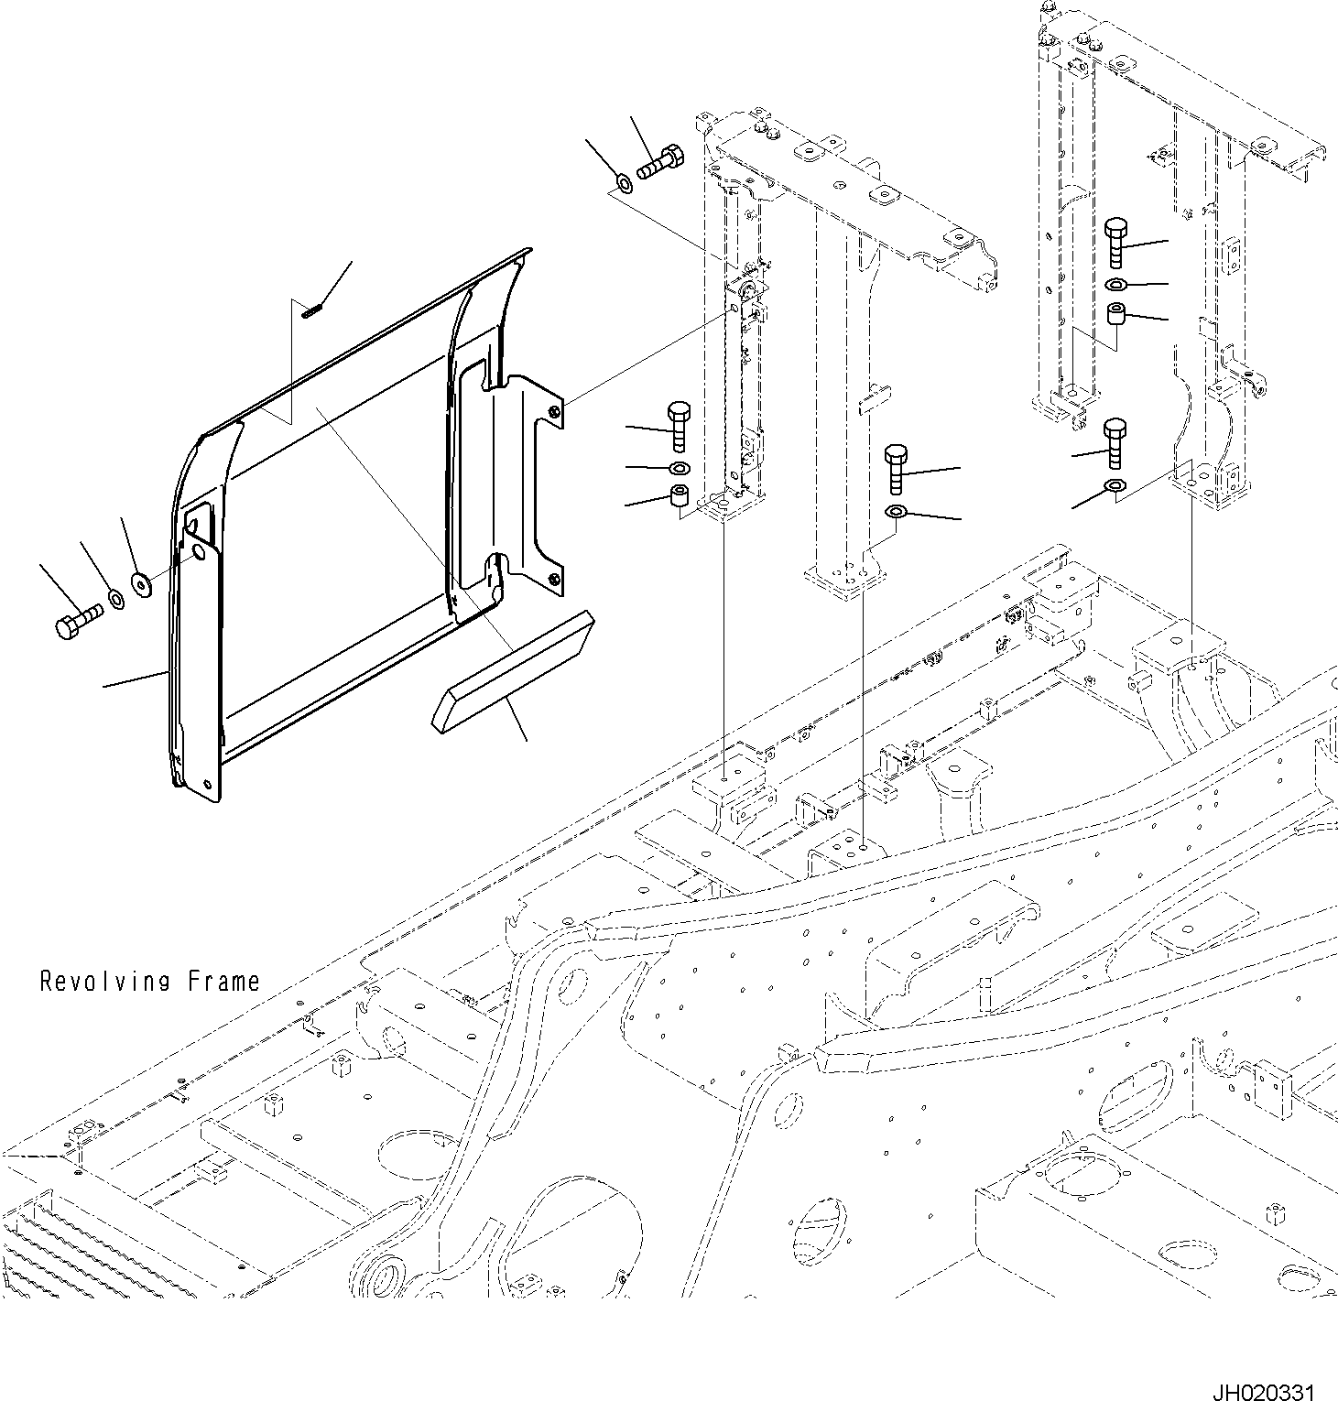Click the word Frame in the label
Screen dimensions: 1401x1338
click(x=224, y=982)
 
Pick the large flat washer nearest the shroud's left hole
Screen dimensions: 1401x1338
click(x=142, y=584)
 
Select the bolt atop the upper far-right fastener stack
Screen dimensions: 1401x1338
click(x=1116, y=241)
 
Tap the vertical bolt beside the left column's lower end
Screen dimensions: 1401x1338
click(x=679, y=426)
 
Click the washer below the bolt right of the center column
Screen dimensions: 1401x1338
click(x=897, y=510)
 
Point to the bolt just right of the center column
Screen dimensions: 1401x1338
click(x=897, y=468)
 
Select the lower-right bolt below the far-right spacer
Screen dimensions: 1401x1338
click(x=1115, y=443)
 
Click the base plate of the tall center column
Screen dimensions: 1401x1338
click(x=844, y=581)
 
